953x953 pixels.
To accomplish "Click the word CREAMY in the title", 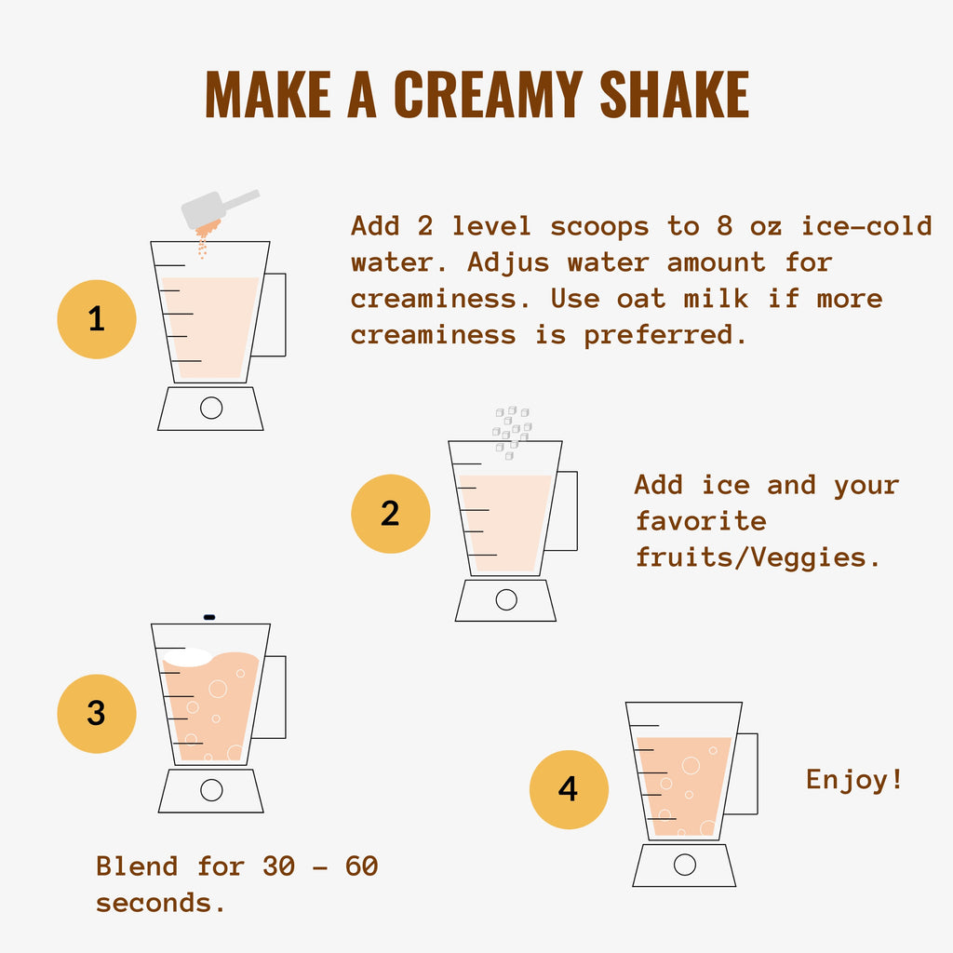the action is pyautogui.click(x=488, y=94).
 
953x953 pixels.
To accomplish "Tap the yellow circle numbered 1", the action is pyautogui.click(x=97, y=319).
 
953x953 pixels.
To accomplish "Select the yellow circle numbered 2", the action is pyautogui.click(x=391, y=514).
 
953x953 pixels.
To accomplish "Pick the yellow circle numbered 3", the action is pyautogui.click(x=97, y=714).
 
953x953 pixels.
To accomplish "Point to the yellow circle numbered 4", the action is pyautogui.click(x=569, y=789).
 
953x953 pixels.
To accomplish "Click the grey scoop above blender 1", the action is pyautogui.click(x=216, y=208).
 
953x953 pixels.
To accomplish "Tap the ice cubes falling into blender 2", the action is pyautogui.click(x=512, y=432).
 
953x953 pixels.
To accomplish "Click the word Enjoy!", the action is pyautogui.click(x=854, y=780).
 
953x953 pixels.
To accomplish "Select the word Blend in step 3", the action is pyautogui.click(x=137, y=866).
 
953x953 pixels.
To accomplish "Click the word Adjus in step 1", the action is pyautogui.click(x=508, y=262).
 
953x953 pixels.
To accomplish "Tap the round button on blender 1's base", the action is pyautogui.click(x=211, y=408).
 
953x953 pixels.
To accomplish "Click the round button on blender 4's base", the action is pyautogui.click(x=685, y=865).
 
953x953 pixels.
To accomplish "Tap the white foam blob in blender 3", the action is pyautogui.click(x=188, y=657).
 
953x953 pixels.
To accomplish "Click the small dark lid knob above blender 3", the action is pyautogui.click(x=209, y=617).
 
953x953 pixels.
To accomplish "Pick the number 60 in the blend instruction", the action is pyautogui.click(x=362, y=866).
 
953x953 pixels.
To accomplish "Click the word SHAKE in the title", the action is pyautogui.click(x=675, y=94).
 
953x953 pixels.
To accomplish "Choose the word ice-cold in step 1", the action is pyautogui.click(x=866, y=226).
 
